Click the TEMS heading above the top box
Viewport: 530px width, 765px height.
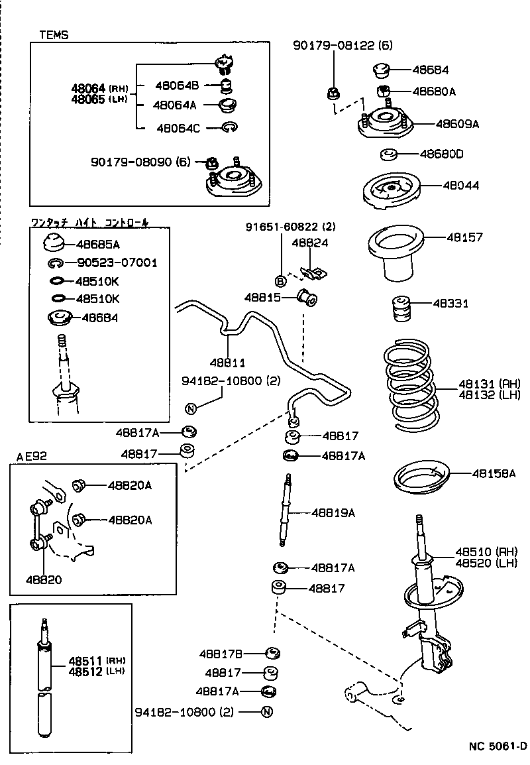click(54, 34)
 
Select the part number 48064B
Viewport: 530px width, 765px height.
click(177, 85)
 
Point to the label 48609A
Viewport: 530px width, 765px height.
click(457, 123)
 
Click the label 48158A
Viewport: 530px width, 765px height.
click(494, 473)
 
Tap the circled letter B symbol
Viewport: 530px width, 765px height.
click(280, 279)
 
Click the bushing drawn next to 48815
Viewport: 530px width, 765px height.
click(308, 298)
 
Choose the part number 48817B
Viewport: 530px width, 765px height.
click(221, 653)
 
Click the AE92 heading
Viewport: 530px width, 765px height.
click(32, 456)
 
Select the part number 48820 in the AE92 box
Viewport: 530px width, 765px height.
click(44, 579)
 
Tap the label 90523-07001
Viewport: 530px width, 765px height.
click(116, 263)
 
